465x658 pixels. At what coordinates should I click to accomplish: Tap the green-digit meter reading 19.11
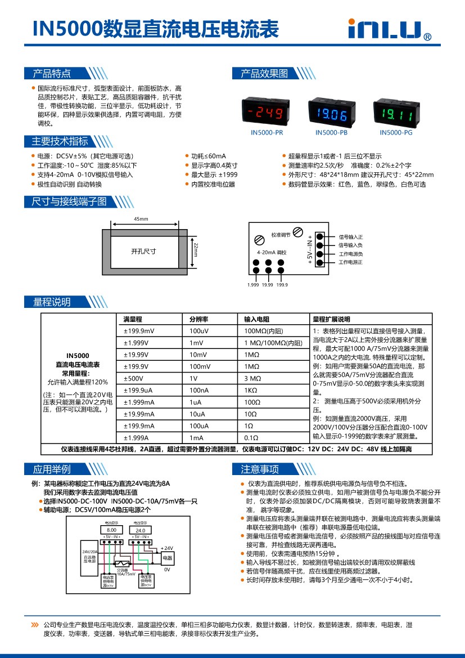[396, 114]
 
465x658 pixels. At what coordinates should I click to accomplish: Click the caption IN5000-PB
[331, 133]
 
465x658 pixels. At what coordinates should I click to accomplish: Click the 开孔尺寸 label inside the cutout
[143, 251]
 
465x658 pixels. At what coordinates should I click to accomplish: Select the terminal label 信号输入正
[350, 237]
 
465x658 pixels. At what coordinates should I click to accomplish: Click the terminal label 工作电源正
[350, 262]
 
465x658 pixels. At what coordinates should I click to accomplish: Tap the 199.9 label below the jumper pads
[282, 285]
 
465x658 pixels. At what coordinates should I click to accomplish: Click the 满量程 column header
[133, 319]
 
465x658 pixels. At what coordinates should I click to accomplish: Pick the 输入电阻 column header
[257, 319]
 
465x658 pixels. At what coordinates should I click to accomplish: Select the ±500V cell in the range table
[135, 378]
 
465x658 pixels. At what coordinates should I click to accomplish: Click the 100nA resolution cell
[199, 390]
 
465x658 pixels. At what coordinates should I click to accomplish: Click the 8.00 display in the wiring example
[111, 530]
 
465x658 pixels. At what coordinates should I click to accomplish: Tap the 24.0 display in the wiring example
[140, 530]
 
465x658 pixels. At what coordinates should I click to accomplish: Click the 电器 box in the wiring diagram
[167, 558]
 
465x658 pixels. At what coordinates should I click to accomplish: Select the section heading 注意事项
[260, 469]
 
